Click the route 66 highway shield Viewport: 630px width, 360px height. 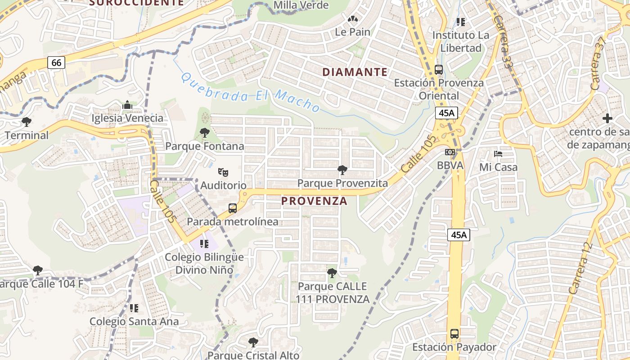[x=56, y=63]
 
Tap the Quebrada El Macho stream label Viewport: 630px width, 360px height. [x=250, y=93]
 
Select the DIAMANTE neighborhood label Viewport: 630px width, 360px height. [x=355, y=72]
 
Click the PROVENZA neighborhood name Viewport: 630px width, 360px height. [x=315, y=201]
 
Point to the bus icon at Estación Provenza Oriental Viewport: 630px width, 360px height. [x=439, y=70]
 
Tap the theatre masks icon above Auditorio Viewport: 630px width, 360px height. [x=223, y=172]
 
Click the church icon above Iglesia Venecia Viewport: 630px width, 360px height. [x=127, y=105]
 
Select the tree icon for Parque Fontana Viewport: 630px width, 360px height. [x=205, y=133]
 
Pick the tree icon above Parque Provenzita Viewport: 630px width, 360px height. [x=342, y=170]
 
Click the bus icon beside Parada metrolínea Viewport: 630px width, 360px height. [x=233, y=208]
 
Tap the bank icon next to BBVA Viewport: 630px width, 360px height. [x=450, y=152]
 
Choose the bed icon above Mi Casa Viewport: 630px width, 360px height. [x=498, y=154]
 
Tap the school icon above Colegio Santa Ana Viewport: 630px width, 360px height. [x=134, y=308]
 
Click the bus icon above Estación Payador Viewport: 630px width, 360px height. [x=454, y=334]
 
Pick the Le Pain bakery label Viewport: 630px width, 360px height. [x=353, y=32]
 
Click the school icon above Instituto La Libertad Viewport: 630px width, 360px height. [x=460, y=22]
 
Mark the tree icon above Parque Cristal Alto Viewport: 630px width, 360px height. [x=253, y=342]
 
